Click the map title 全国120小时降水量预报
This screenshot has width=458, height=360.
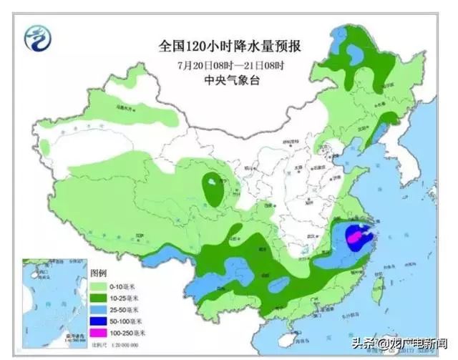pos(229,47)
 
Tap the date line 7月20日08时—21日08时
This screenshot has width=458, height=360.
pos(230,65)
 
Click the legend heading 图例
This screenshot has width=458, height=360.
pos(98,273)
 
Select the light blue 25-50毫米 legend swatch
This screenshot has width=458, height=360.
pos(99,309)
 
